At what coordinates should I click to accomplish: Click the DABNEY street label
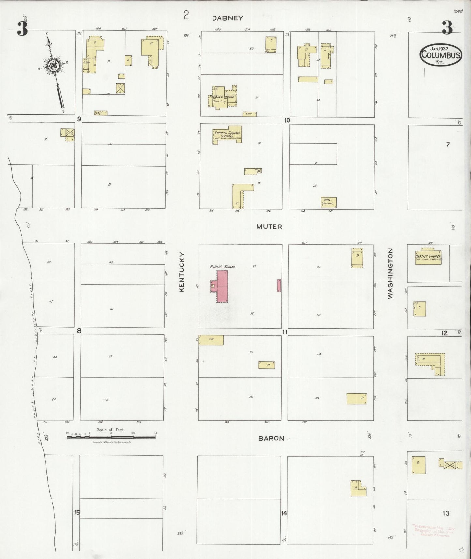pyautogui.click(x=227, y=18)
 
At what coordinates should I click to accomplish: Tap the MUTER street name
pyautogui.click(x=269, y=226)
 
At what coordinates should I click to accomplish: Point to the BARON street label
pyautogui.click(x=271, y=438)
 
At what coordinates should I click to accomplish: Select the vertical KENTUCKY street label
pyautogui.click(x=182, y=272)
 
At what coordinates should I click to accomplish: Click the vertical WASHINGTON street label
pyautogui.click(x=390, y=273)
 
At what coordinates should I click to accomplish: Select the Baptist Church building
pyautogui.click(x=428, y=257)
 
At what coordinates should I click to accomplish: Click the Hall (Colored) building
pyautogui.click(x=328, y=202)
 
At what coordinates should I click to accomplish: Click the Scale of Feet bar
pyautogui.click(x=111, y=437)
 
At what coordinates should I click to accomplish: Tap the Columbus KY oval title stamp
pyautogui.click(x=441, y=55)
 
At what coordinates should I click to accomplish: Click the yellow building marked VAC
pyautogui.click(x=211, y=340)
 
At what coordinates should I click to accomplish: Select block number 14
pyautogui.click(x=284, y=513)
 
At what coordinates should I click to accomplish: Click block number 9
pyautogui.click(x=79, y=119)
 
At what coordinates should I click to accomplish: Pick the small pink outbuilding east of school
pyautogui.click(x=279, y=285)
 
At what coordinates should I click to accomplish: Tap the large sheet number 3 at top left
pyautogui.click(x=22, y=29)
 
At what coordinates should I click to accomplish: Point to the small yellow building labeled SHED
pyautogui.click(x=249, y=114)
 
